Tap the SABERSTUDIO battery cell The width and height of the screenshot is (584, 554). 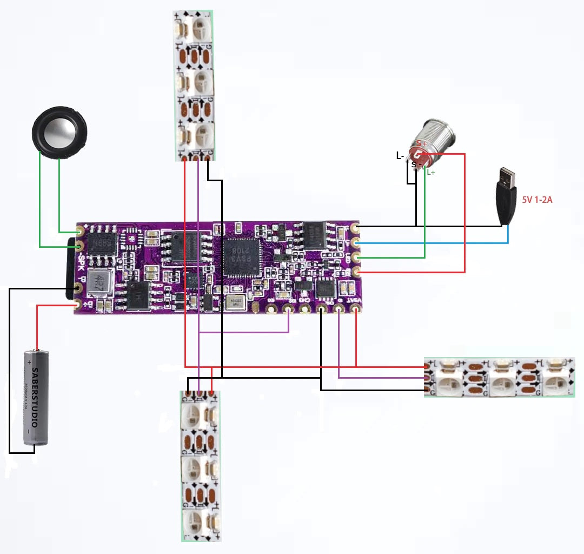point(36,398)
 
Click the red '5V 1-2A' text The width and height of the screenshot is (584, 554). point(537,200)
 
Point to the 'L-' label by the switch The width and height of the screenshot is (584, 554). point(400,156)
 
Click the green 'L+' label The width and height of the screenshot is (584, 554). point(431,172)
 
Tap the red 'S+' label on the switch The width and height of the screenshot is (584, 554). point(421,144)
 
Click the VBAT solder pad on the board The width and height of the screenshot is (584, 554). point(355,309)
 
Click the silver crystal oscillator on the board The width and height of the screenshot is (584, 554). point(234,303)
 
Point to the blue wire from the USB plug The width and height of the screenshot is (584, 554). point(433,243)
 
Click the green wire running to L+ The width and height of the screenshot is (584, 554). point(424,216)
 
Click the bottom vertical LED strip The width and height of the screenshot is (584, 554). point(201,465)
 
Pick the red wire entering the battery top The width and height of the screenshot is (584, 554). point(37,327)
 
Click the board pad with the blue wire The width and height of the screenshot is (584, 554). point(355,243)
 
